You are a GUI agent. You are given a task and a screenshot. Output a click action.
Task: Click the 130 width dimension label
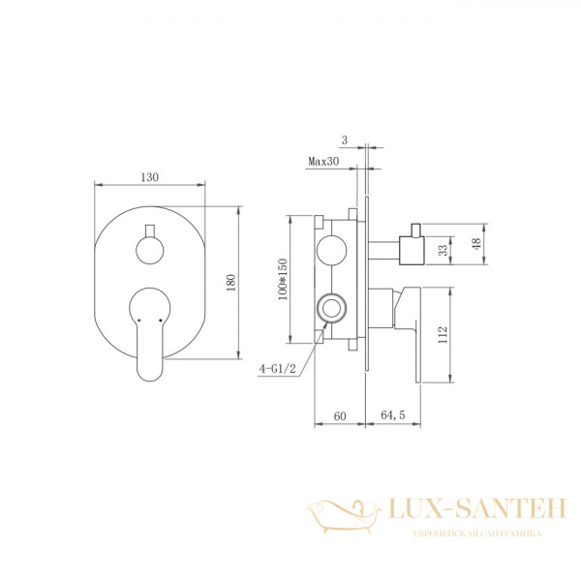click(150, 177)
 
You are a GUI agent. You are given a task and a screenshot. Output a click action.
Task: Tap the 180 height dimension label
click(230, 283)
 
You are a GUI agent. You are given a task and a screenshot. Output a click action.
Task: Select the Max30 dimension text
click(323, 162)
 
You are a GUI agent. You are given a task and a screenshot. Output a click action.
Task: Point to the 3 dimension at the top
click(345, 140)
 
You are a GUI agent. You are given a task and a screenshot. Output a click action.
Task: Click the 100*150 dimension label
click(283, 279)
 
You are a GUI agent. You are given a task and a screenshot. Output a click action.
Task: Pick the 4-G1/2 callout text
click(278, 369)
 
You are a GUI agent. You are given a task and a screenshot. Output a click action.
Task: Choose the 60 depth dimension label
click(340, 416)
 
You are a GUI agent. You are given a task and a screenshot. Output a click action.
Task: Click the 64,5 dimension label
click(393, 415)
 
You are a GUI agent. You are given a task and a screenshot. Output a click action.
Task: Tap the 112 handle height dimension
click(443, 335)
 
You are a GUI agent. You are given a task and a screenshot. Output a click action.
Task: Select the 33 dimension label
click(443, 251)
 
